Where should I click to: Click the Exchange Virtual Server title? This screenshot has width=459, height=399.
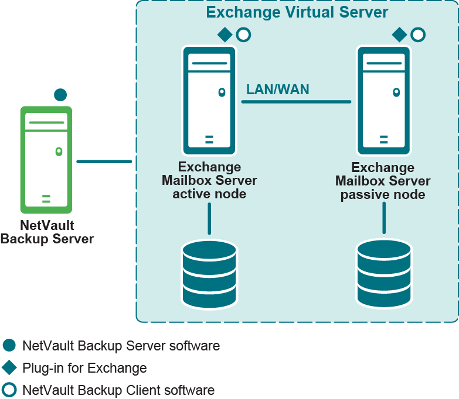pos(297,12)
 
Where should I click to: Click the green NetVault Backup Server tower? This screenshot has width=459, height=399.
pos(46,159)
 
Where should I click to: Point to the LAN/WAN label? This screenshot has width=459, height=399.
pos(277,90)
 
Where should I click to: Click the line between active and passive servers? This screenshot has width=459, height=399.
pos(296,102)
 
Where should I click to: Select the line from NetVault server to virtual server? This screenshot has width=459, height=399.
pos(104,161)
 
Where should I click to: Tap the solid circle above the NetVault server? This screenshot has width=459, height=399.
pos(60,95)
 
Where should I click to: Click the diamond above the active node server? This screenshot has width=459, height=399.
pos(225,35)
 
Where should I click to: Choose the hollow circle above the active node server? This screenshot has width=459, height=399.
pos(243,35)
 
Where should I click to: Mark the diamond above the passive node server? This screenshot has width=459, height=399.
pos(399,35)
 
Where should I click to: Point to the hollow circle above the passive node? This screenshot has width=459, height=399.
pos(417,35)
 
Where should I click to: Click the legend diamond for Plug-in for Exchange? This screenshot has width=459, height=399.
pos(9,368)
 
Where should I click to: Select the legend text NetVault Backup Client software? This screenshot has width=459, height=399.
pos(118,390)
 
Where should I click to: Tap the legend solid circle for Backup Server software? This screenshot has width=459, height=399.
pos(9,346)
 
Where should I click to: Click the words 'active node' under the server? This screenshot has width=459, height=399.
pos(209,194)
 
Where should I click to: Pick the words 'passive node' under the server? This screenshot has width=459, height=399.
pos(383,195)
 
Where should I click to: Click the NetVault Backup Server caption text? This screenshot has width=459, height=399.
pos(47,232)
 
